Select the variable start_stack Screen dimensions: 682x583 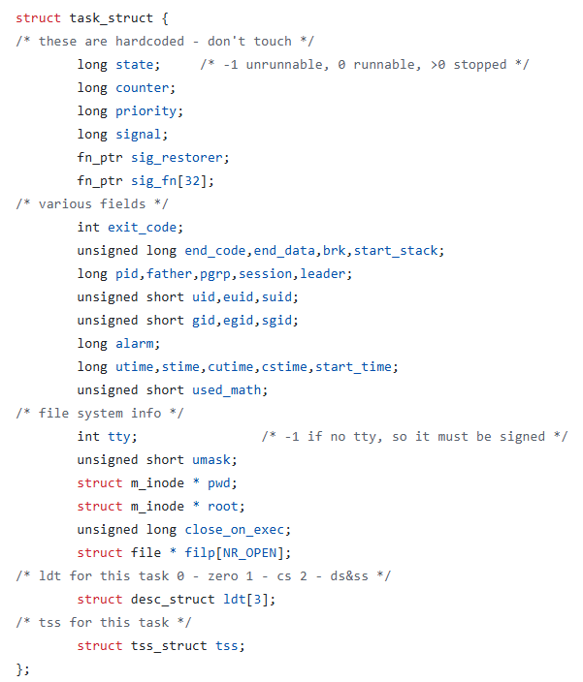pos(396,251)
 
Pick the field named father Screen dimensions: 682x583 pos(170,274)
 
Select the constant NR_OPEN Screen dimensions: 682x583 pos(257,553)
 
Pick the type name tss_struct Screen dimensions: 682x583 pos(170,646)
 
